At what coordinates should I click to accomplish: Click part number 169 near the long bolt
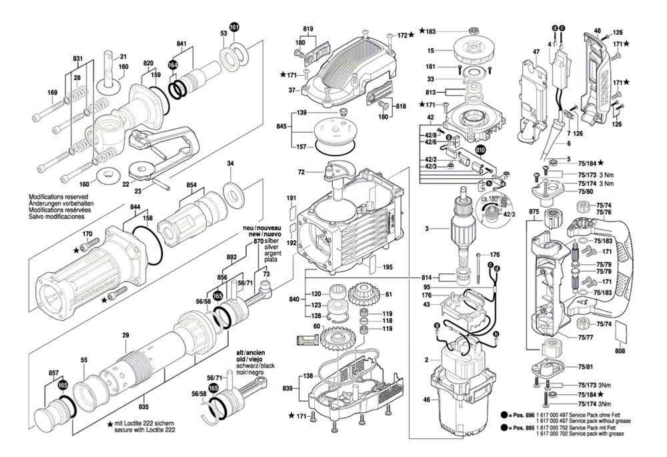point(52,92)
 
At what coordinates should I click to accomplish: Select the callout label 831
point(78,59)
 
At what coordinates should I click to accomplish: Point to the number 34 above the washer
point(230,163)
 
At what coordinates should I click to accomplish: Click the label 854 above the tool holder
point(191,185)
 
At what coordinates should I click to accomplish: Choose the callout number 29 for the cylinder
point(125,335)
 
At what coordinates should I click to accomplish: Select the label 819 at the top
point(308,29)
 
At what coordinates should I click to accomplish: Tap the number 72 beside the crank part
point(301,172)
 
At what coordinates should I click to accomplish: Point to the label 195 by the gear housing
point(388,268)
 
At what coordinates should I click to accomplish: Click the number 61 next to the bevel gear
point(388,294)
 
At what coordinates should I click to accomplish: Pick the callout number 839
point(288,388)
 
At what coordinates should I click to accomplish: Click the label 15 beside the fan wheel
point(431,50)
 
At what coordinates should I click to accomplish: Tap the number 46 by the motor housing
point(425,400)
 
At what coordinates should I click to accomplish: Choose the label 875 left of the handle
point(534,212)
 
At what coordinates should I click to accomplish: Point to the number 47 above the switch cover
point(536,51)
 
